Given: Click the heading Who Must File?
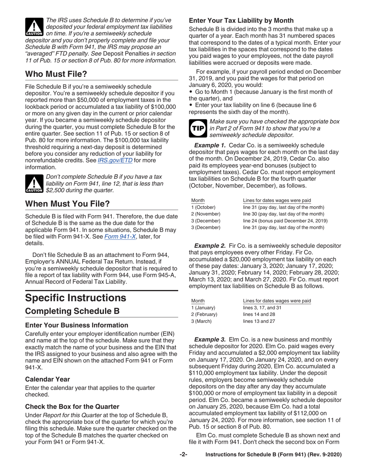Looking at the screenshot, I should point(56,73).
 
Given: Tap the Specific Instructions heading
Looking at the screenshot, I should point(75,298).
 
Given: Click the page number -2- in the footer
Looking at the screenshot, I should point(183,455).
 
